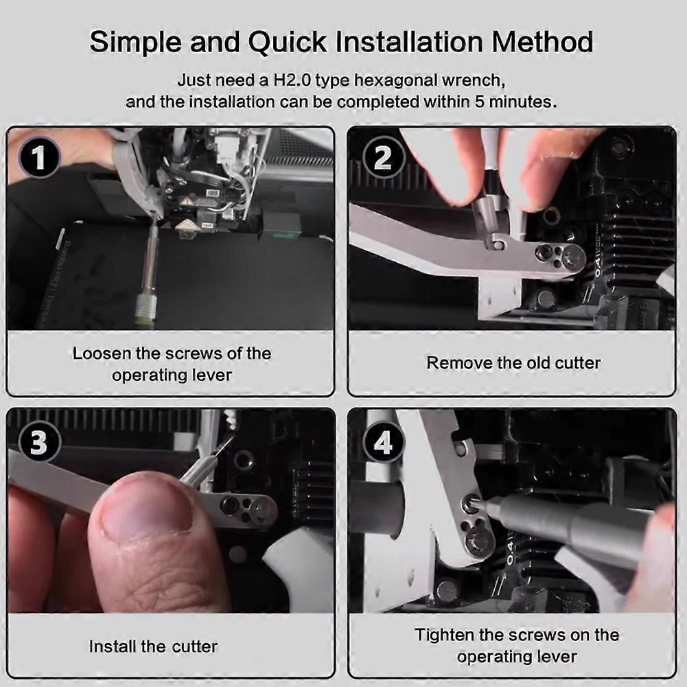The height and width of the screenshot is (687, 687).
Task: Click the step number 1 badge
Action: click(39, 157)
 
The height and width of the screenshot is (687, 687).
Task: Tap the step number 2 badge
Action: click(383, 157)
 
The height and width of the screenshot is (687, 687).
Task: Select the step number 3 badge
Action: click(38, 442)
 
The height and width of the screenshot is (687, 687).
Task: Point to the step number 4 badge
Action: click(383, 443)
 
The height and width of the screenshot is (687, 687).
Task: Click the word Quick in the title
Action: click(288, 43)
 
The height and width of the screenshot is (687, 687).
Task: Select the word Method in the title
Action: click(542, 42)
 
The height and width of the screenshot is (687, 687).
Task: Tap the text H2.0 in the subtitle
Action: click(292, 80)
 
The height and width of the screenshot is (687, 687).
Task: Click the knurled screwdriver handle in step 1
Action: click(143, 312)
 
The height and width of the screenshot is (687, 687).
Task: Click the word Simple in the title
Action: click(136, 43)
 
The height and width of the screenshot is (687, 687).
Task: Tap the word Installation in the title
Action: click(409, 42)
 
